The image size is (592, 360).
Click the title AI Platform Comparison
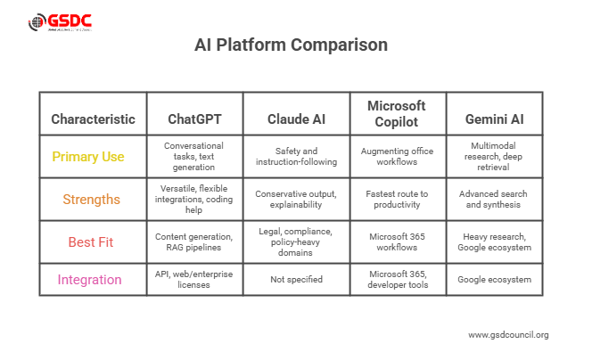291,45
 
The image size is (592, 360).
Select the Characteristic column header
93,119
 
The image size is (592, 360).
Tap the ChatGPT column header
193,119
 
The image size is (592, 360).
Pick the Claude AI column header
294,119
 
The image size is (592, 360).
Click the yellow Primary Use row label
88,157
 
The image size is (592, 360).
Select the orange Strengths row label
91,200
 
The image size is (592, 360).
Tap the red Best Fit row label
90,241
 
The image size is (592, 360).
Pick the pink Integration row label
90,280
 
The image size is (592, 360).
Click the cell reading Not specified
294,280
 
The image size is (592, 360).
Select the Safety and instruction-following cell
294,157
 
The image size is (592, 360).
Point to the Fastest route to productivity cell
397,200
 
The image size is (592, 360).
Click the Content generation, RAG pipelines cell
193,241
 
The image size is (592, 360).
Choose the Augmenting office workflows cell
397,157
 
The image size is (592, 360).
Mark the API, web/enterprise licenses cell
193,280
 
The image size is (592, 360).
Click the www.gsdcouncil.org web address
508,335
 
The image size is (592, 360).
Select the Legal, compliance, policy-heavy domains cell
294,241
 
